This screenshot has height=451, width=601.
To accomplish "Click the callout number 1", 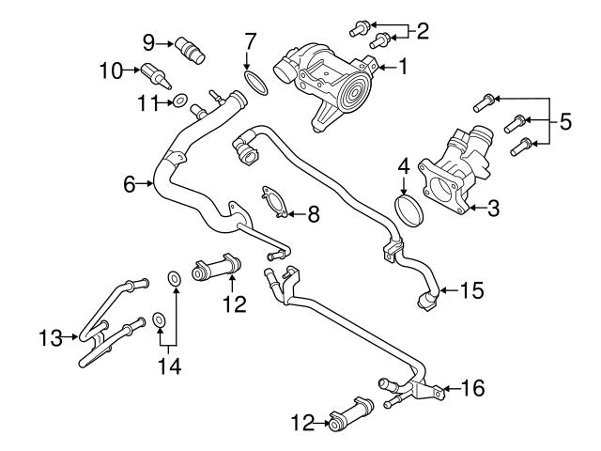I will tap(405, 67).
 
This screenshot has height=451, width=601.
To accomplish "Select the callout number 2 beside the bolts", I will tap(423, 32).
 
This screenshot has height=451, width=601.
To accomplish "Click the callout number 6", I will tap(131, 184).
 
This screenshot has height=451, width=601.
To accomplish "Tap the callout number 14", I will tap(167, 365).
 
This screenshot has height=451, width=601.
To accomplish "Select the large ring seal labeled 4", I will tap(408, 211).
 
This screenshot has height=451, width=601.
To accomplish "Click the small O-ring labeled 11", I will tap(178, 101).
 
